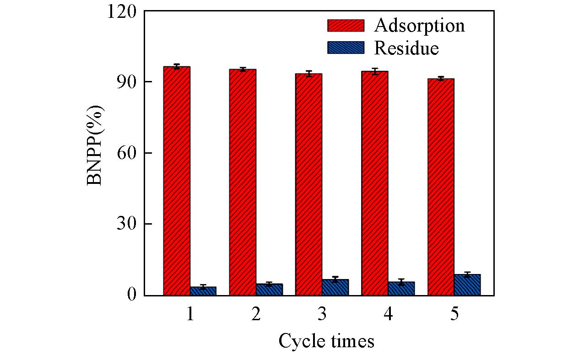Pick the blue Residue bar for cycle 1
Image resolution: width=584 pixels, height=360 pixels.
203,291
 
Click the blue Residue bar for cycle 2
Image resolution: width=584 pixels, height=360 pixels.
269,290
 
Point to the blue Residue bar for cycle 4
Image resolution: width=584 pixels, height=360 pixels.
401,289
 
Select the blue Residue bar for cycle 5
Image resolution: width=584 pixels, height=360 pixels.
467,285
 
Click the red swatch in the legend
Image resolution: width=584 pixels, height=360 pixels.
346,26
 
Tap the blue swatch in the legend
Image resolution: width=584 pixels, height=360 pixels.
346,48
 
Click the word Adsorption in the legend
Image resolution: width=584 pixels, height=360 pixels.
419,26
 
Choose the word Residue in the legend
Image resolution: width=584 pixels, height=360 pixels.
406,48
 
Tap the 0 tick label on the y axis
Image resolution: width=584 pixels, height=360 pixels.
132,295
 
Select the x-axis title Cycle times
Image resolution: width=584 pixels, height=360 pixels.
326,341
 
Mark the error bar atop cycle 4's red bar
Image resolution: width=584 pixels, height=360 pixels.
375,71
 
